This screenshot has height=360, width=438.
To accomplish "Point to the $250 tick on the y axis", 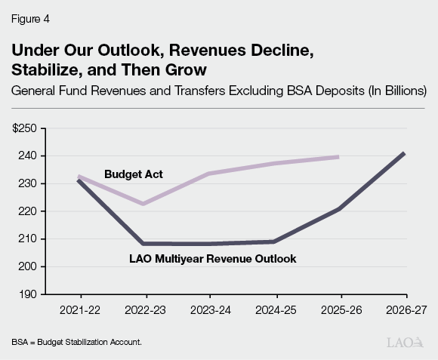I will (x=25, y=128).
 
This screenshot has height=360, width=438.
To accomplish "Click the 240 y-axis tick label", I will (x=29, y=156).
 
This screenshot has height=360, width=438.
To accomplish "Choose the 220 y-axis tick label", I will (x=29, y=211).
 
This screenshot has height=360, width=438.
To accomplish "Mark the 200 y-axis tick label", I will (x=29, y=266).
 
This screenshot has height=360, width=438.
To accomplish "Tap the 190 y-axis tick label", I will (x=29, y=294).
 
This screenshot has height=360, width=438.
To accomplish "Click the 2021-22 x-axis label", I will (x=80, y=309).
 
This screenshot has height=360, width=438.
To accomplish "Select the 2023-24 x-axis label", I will (x=211, y=309).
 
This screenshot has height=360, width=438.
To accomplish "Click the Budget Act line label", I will (x=133, y=174).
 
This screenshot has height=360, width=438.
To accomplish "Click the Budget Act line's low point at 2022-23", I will (x=144, y=204).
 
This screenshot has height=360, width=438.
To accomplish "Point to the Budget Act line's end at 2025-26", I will (x=338, y=157).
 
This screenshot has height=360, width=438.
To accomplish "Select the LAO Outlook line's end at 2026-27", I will (x=405, y=153).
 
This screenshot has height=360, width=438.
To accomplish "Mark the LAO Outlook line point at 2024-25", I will (x=274, y=242).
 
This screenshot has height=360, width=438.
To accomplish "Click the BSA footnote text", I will (x=76, y=342).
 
